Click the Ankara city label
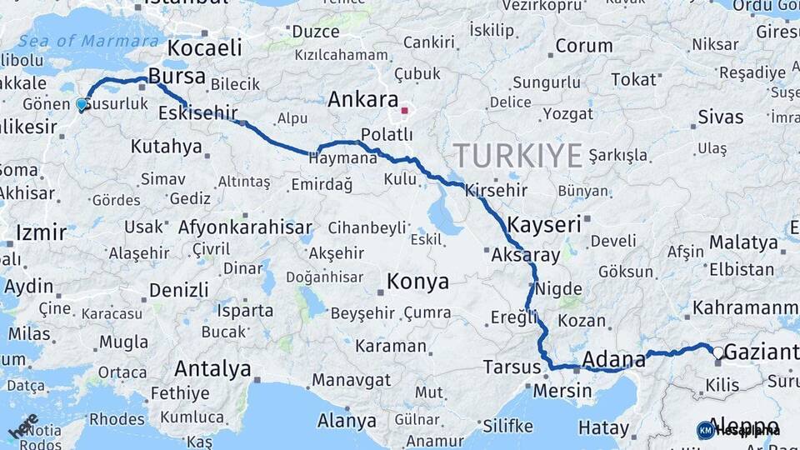(x=362, y=100)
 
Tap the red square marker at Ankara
(x=404, y=109)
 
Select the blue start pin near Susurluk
(x=82, y=104)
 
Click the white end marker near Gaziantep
(x=717, y=352)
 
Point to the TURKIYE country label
(x=517, y=155)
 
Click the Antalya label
(x=212, y=368)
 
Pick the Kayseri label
(x=543, y=224)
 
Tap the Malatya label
(x=742, y=242)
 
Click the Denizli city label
(x=178, y=290)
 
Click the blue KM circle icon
(x=706, y=430)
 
